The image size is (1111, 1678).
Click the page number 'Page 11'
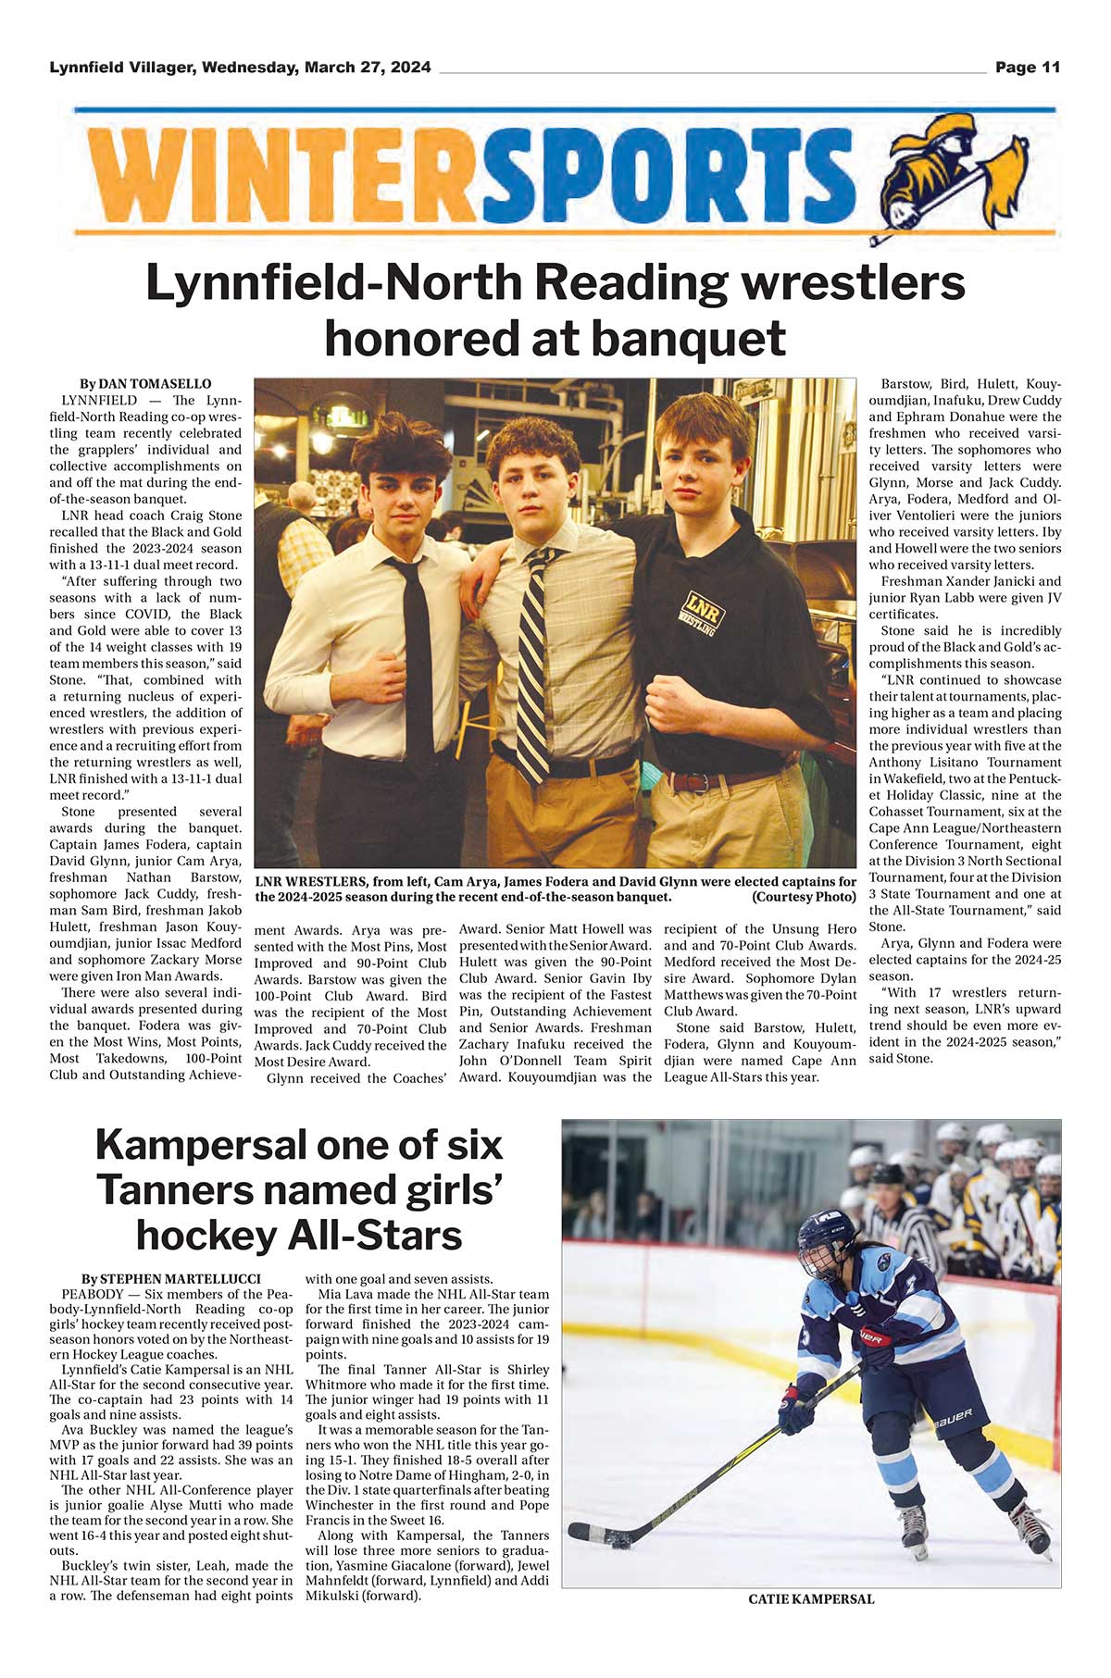click(1028, 68)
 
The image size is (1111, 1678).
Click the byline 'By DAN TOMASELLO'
click(145, 384)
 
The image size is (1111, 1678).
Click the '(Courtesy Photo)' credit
click(804, 897)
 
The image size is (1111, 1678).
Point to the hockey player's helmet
click(826, 1245)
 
